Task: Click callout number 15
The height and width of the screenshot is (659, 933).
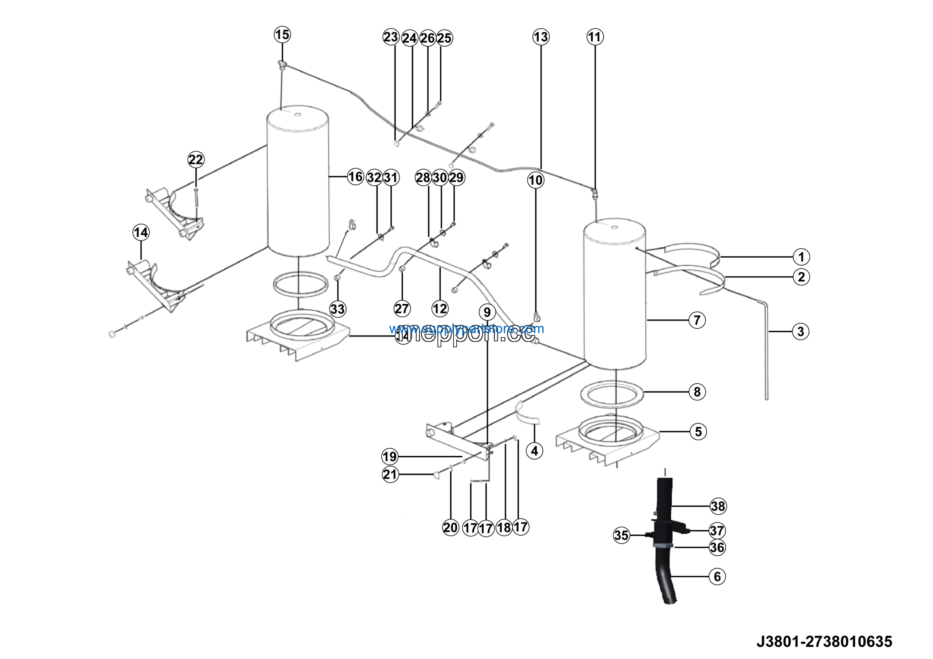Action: pos(282,35)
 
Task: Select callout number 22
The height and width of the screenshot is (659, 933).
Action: pos(195,159)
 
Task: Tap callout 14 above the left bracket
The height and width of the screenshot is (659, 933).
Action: pos(141,233)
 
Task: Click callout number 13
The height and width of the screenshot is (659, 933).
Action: pos(541,37)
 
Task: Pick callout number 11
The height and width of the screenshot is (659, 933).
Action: pos(595,37)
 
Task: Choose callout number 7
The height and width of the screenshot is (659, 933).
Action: pos(697,320)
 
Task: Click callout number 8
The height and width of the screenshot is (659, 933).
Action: pos(697,392)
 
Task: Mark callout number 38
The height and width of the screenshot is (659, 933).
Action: pos(718,506)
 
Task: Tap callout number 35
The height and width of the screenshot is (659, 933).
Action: pos(621,535)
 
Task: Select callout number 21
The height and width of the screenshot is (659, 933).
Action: pos(390,474)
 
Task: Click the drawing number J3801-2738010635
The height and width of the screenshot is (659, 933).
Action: pos(824,642)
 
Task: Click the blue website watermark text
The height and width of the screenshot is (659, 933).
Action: pos(466,328)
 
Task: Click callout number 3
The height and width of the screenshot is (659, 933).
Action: pos(801,332)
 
